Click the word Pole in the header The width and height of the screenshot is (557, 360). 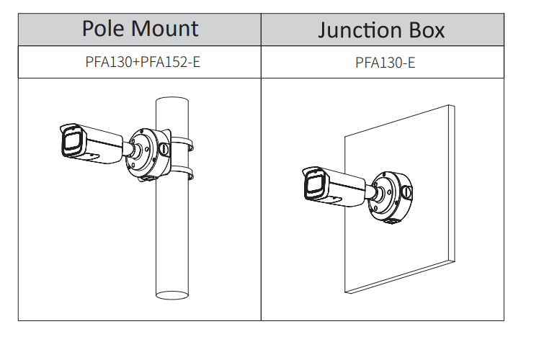coord(104,29)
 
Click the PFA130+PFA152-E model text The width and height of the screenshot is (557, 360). coord(143,62)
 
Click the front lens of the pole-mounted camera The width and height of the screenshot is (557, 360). coord(71,143)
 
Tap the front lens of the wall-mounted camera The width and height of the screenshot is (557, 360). coord(313,185)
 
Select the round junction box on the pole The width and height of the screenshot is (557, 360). coord(147,153)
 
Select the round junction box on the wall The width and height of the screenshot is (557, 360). coord(390,196)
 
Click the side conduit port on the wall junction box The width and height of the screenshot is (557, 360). coord(406,192)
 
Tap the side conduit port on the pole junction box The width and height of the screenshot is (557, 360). coord(164,149)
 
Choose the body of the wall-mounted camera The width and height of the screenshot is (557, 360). coord(344,186)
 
